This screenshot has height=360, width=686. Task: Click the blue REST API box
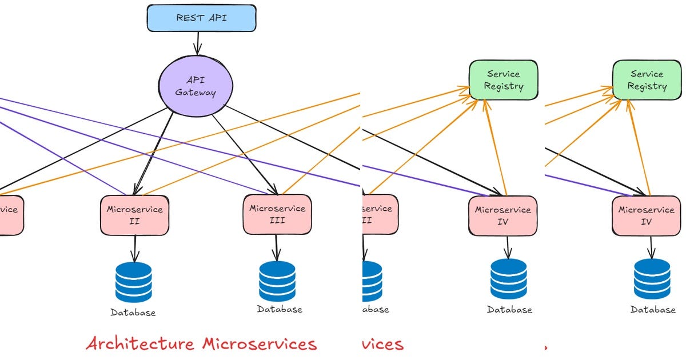pos(201,18)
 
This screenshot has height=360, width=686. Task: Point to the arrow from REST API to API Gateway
pos(198,43)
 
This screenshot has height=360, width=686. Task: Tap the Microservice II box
pos(134,215)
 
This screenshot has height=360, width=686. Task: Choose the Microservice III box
pos(277,214)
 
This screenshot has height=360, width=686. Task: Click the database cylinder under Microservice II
pos(134,282)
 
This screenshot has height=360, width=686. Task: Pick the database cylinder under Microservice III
pos(277,281)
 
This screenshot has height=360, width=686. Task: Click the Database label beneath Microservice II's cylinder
pos(133,313)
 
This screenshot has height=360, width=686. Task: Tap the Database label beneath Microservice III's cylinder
pos(279,309)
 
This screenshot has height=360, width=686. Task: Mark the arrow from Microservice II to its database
pos(134,249)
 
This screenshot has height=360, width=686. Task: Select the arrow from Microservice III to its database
pos(277,247)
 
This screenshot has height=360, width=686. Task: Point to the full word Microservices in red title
pos(259,343)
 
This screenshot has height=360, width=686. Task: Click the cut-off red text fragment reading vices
pos(383,343)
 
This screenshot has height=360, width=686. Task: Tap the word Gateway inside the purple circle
pos(196,93)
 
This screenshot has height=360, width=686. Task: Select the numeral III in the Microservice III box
pos(277,221)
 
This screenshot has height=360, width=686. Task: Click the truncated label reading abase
pos(376,309)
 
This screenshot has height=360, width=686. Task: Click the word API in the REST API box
pos(217,18)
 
